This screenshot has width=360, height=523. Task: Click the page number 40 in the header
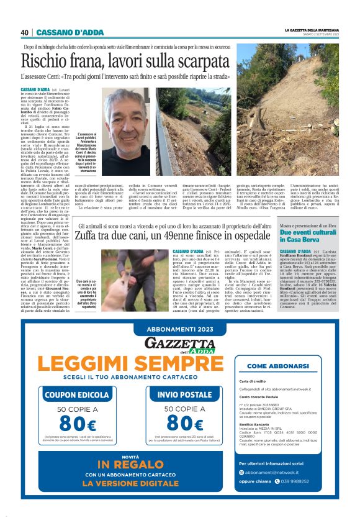click(24, 32)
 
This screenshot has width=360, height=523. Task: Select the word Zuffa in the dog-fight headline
click(88, 236)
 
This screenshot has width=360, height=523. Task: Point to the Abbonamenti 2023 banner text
click(179, 329)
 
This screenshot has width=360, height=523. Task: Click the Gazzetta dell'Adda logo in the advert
click(179, 344)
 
